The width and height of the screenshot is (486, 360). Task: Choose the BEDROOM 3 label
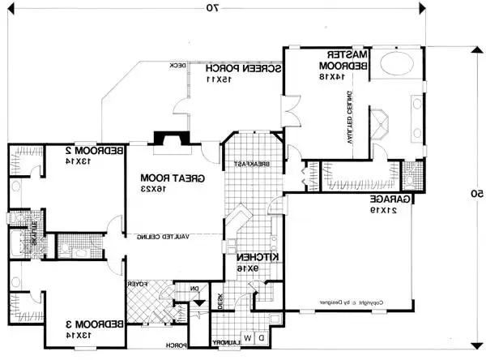tap(96, 324)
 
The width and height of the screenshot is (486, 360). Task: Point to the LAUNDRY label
tap(228, 344)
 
